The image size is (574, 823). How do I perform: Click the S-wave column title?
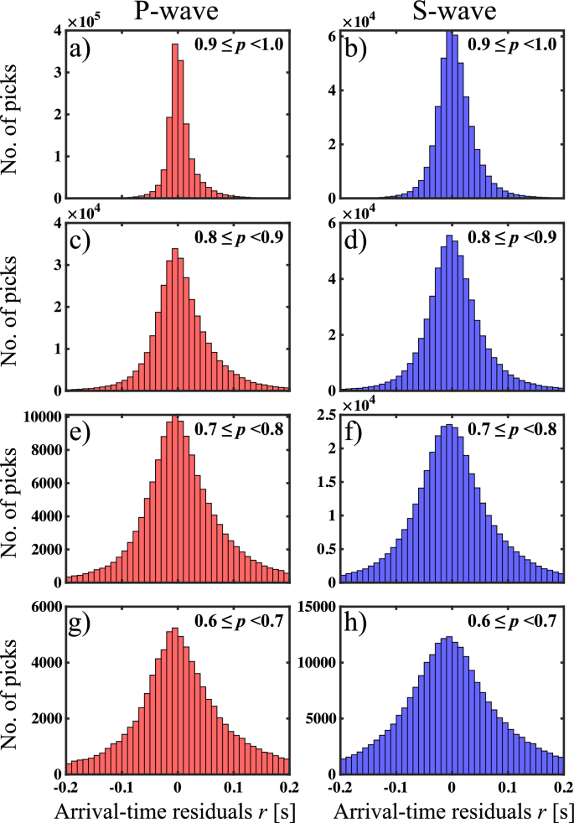452,13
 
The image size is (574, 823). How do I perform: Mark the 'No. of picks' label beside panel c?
17,307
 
